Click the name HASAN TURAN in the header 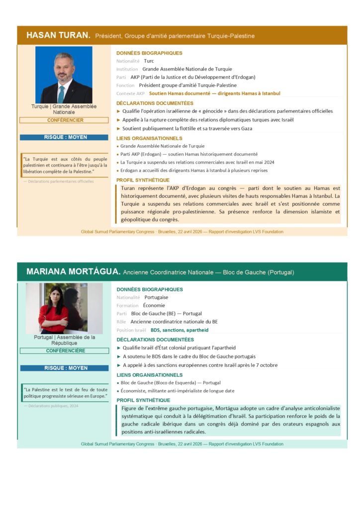[58, 35]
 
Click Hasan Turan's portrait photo [64, 75]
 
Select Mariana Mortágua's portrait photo [64, 308]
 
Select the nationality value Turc [149, 61]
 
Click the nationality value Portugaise [156, 297]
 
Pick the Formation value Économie [154, 305]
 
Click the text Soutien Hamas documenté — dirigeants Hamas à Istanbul [214, 93]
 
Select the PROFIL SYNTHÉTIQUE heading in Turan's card [143, 180]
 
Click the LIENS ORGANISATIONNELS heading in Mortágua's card [143, 375]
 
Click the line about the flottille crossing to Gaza [187, 129]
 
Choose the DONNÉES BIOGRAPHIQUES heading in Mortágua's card [149, 289]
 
